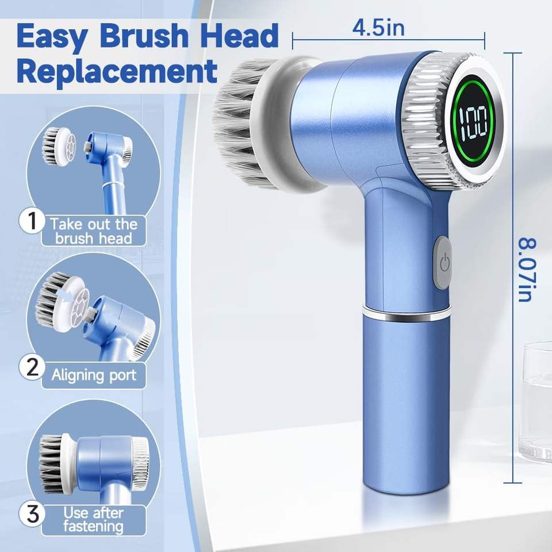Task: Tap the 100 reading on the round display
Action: tap(473, 123)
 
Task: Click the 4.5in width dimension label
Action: tap(379, 28)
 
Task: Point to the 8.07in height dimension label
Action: tap(527, 270)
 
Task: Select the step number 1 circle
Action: tap(32, 221)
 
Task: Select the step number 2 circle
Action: tap(32, 367)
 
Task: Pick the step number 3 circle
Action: tap(32, 514)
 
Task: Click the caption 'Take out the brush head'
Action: tap(94, 231)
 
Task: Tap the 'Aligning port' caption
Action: tap(94, 375)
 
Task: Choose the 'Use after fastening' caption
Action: tap(94, 520)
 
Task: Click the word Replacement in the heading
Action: tap(117, 71)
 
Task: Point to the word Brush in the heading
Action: tap(144, 35)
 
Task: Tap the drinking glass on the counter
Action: tap(535, 401)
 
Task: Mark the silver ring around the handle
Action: tap(407, 313)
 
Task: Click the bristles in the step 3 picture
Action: tap(51, 463)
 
